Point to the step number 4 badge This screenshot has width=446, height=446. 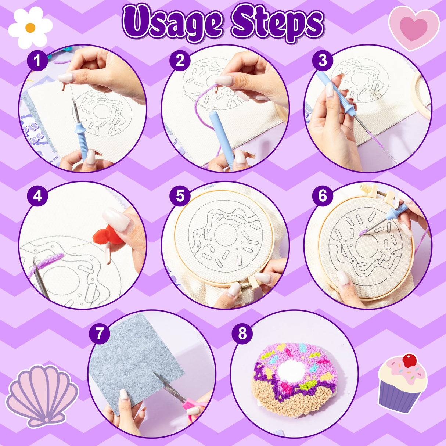[37, 196]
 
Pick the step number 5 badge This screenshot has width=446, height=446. [180, 196]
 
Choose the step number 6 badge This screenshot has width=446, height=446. [323, 196]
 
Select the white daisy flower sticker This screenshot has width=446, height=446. [30, 27]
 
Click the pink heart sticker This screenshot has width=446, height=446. [414, 28]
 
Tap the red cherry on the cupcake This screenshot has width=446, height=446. [409, 360]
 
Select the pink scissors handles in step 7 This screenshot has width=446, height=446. [195, 407]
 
